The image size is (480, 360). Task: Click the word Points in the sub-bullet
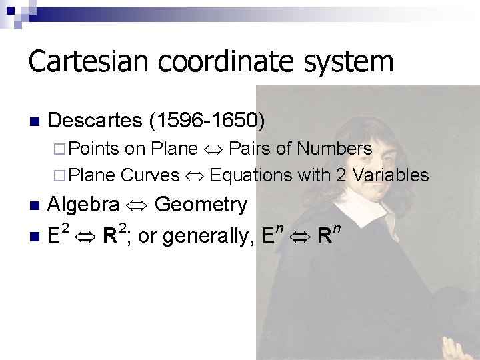[93, 147]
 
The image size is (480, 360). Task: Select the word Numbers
[334, 147]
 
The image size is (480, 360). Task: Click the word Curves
[150, 175]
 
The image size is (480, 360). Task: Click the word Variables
[391, 175]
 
